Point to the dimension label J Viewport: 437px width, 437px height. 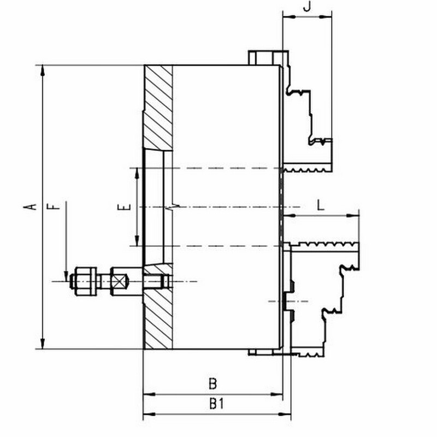(x=307, y=6)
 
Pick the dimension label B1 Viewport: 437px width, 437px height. (x=216, y=404)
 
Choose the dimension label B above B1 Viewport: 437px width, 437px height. (x=212, y=383)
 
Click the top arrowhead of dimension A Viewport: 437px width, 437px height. (x=43, y=70)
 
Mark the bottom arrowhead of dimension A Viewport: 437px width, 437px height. (x=43, y=344)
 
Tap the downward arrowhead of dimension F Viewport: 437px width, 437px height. (x=66, y=276)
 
